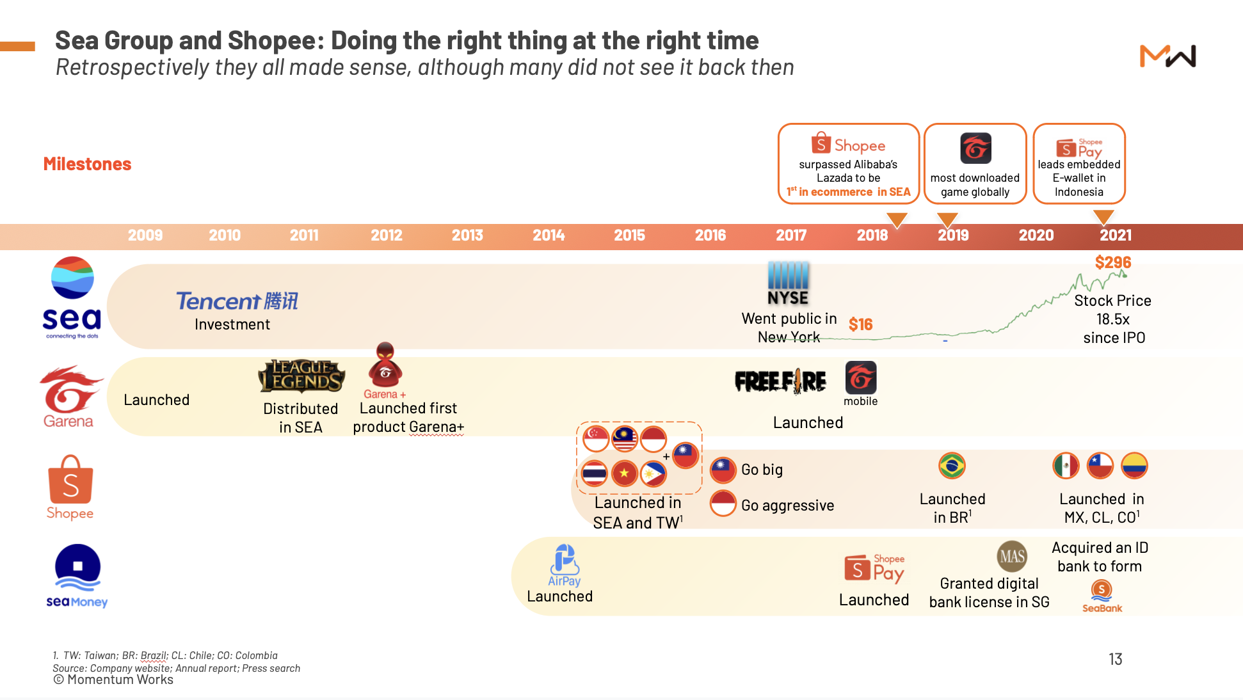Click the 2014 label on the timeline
pyautogui.click(x=549, y=235)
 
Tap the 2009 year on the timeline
pyautogui.click(x=145, y=235)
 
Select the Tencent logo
pyautogui.click(x=237, y=301)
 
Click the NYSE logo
pyautogui.click(x=788, y=283)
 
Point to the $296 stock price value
pyautogui.click(x=1113, y=262)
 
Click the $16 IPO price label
pyautogui.click(x=861, y=324)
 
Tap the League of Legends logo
pyautogui.click(x=301, y=376)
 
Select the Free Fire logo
pyautogui.click(x=780, y=381)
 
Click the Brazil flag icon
pyautogui.click(x=952, y=466)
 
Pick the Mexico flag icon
pyautogui.click(x=1066, y=466)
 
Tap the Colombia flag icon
pyautogui.click(x=1134, y=466)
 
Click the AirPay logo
pyautogui.click(x=565, y=566)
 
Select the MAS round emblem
pyautogui.click(x=1012, y=556)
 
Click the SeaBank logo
pyautogui.click(x=1102, y=596)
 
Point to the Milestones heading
pyautogui.click(x=87, y=164)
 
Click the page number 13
pyautogui.click(x=1116, y=659)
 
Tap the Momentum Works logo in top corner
pyautogui.click(x=1168, y=56)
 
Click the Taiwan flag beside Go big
pyautogui.click(x=723, y=470)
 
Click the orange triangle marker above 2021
pyautogui.click(x=1103, y=218)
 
